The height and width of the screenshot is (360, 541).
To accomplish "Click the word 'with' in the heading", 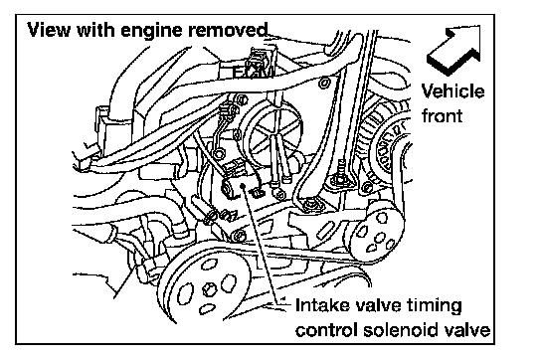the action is point(95,30).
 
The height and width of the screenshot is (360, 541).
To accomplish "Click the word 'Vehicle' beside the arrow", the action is point(452,91).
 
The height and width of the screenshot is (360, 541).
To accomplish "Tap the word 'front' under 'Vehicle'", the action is point(442,115).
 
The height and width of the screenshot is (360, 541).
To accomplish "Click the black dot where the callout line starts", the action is point(243,186).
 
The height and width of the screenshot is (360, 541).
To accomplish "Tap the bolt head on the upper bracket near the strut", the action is point(323,83).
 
